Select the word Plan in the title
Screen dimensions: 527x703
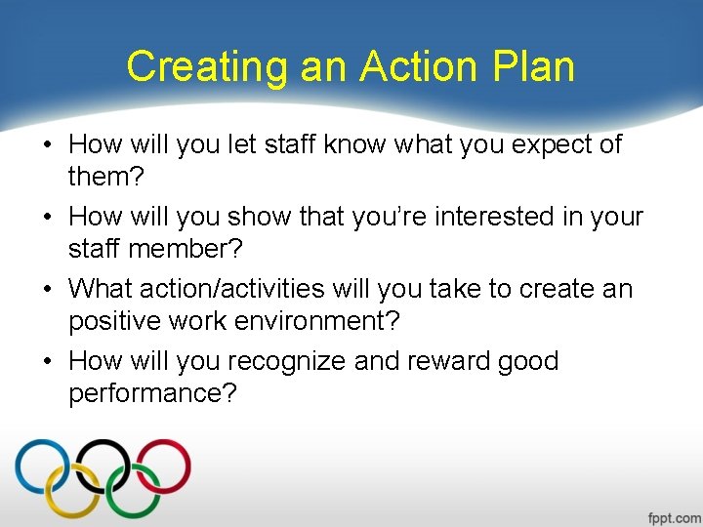[x=534, y=67]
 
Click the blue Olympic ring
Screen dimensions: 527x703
[x=41, y=466]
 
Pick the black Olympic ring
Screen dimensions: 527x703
[x=103, y=466]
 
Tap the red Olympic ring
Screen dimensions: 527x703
[x=163, y=466]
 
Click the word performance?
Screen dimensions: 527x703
[x=153, y=394]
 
